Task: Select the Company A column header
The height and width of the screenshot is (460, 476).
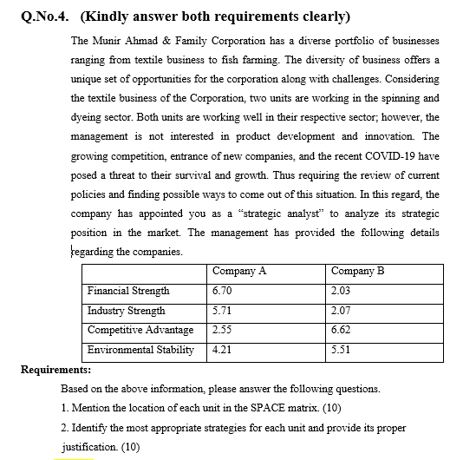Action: click(238, 270)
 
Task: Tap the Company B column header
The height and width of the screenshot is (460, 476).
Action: click(356, 270)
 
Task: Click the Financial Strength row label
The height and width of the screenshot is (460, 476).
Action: click(128, 290)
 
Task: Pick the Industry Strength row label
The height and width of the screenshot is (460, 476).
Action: click(126, 310)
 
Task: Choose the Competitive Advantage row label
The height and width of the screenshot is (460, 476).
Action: click(140, 330)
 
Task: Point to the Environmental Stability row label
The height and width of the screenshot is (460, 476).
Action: click(140, 350)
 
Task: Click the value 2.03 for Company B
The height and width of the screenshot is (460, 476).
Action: click(341, 290)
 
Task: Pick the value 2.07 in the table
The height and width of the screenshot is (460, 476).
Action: click(341, 310)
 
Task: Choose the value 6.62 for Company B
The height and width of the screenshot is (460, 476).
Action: click(341, 330)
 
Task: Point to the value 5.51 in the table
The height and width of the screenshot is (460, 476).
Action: click(341, 350)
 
